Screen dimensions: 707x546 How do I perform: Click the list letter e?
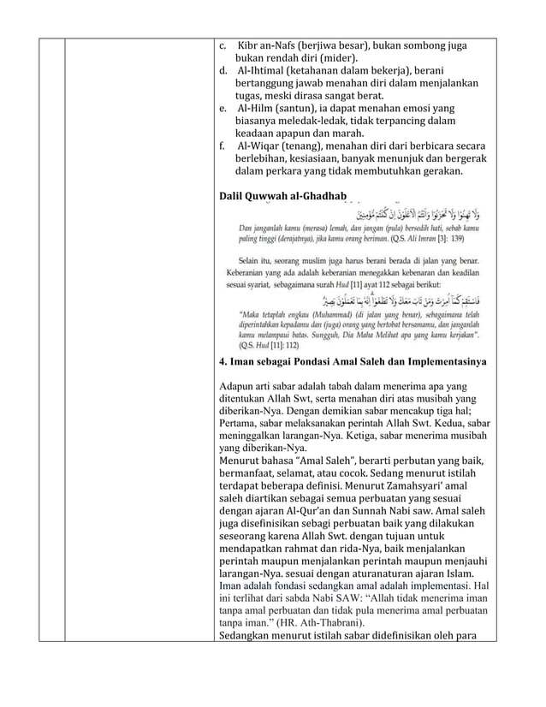pos(222,110)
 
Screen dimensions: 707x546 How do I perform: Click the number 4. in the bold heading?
pos(224,362)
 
